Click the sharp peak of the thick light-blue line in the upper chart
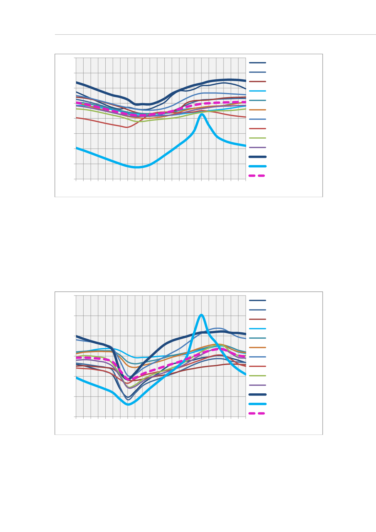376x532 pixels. pyautogui.click(x=202, y=114)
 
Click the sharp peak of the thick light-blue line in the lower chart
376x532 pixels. pyautogui.click(x=202, y=315)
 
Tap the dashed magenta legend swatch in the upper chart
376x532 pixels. pyautogui.click(x=257, y=176)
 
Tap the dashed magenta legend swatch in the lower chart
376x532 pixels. pyautogui.click(x=257, y=413)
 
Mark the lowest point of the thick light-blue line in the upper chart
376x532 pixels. pyautogui.click(x=136, y=167)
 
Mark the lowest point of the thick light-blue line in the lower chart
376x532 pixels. pyautogui.click(x=128, y=404)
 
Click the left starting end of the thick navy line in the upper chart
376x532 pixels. pyautogui.click(x=76, y=82)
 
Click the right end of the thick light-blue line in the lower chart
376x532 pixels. pyautogui.click(x=245, y=374)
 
